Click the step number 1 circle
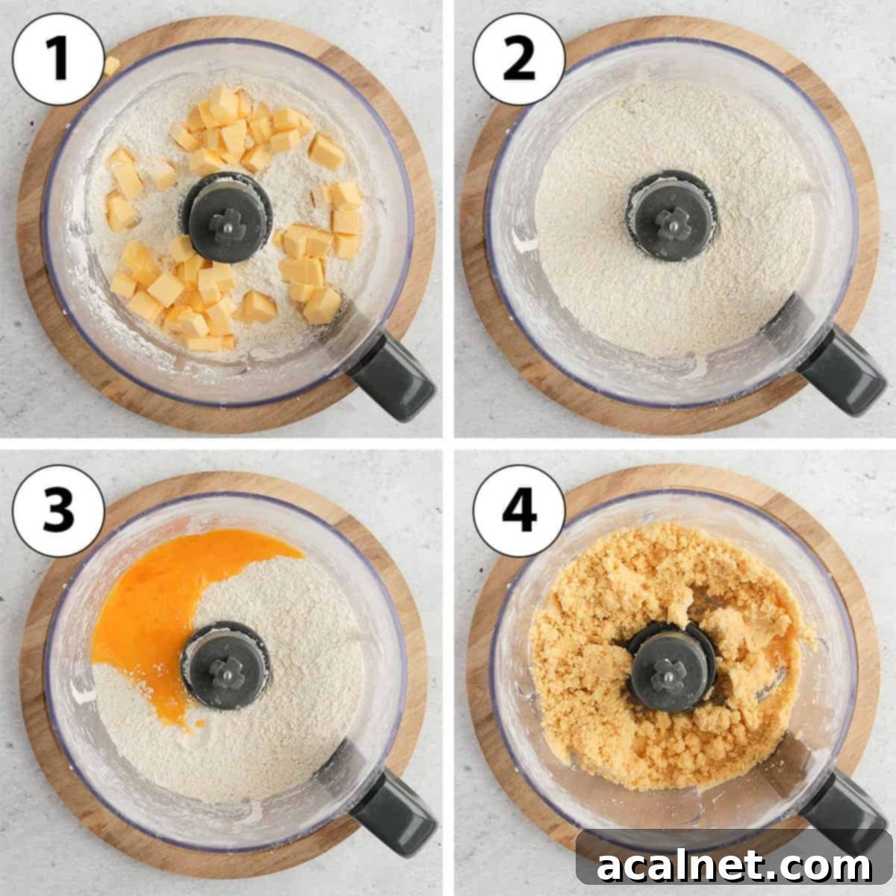(x=57, y=59)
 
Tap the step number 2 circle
(x=518, y=59)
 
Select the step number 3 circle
(x=57, y=511)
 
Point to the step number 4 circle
(x=518, y=511)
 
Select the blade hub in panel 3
(x=225, y=666)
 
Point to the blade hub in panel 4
(x=670, y=666)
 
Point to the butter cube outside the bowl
(x=111, y=66)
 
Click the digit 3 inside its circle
(x=57, y=511)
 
